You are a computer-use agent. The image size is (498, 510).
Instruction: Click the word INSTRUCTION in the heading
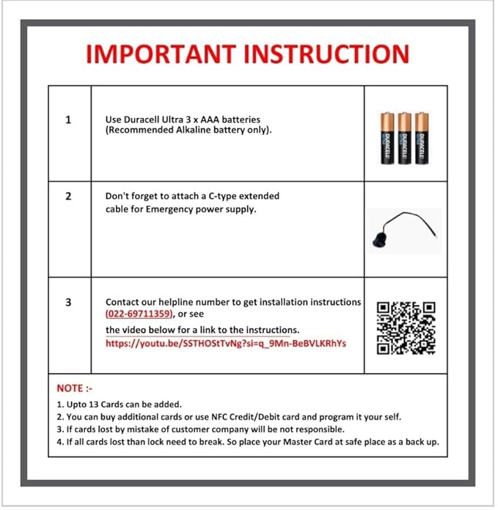point(326,55)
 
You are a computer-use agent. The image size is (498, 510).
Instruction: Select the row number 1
point(68,119)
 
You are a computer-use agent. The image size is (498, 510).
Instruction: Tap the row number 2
point(68,196)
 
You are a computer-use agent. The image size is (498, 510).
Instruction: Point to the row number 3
point(68,302)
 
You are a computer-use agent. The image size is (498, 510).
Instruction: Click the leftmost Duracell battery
point(387,137)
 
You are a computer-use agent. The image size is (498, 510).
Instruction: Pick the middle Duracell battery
point(403,137)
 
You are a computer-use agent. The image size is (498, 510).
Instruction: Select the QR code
point(406,328)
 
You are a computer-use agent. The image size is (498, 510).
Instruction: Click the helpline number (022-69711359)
point(139,314)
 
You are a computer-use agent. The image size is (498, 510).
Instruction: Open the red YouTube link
point(225,343)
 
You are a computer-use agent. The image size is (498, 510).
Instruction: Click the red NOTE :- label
point(74,388)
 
